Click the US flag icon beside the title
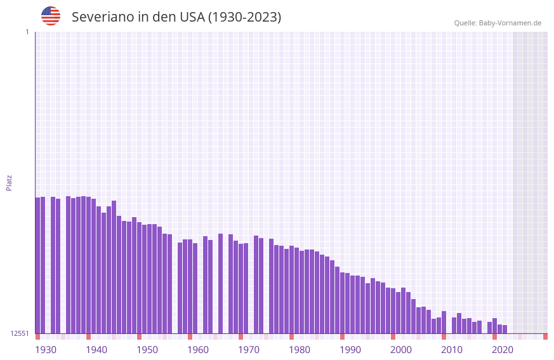coord(51,17)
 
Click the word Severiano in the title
coord(102,17)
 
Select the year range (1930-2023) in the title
coord(244,17)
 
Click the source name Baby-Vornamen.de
coord(510,23)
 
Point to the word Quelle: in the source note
coord(465,23)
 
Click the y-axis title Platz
coord(9,183)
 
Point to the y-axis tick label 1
coord(27,32)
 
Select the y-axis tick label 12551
coord(20,333)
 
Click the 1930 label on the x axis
coord(46,350)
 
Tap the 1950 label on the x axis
coord(147,350)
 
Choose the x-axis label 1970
coord(249,350)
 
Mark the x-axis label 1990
coord(350,350)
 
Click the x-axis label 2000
coord(401,350)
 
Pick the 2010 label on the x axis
coord(452,350)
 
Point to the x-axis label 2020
coord(503,350)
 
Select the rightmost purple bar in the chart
coord(505,329)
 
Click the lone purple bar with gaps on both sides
coord(220,283)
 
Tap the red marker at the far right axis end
coord(545,337)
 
